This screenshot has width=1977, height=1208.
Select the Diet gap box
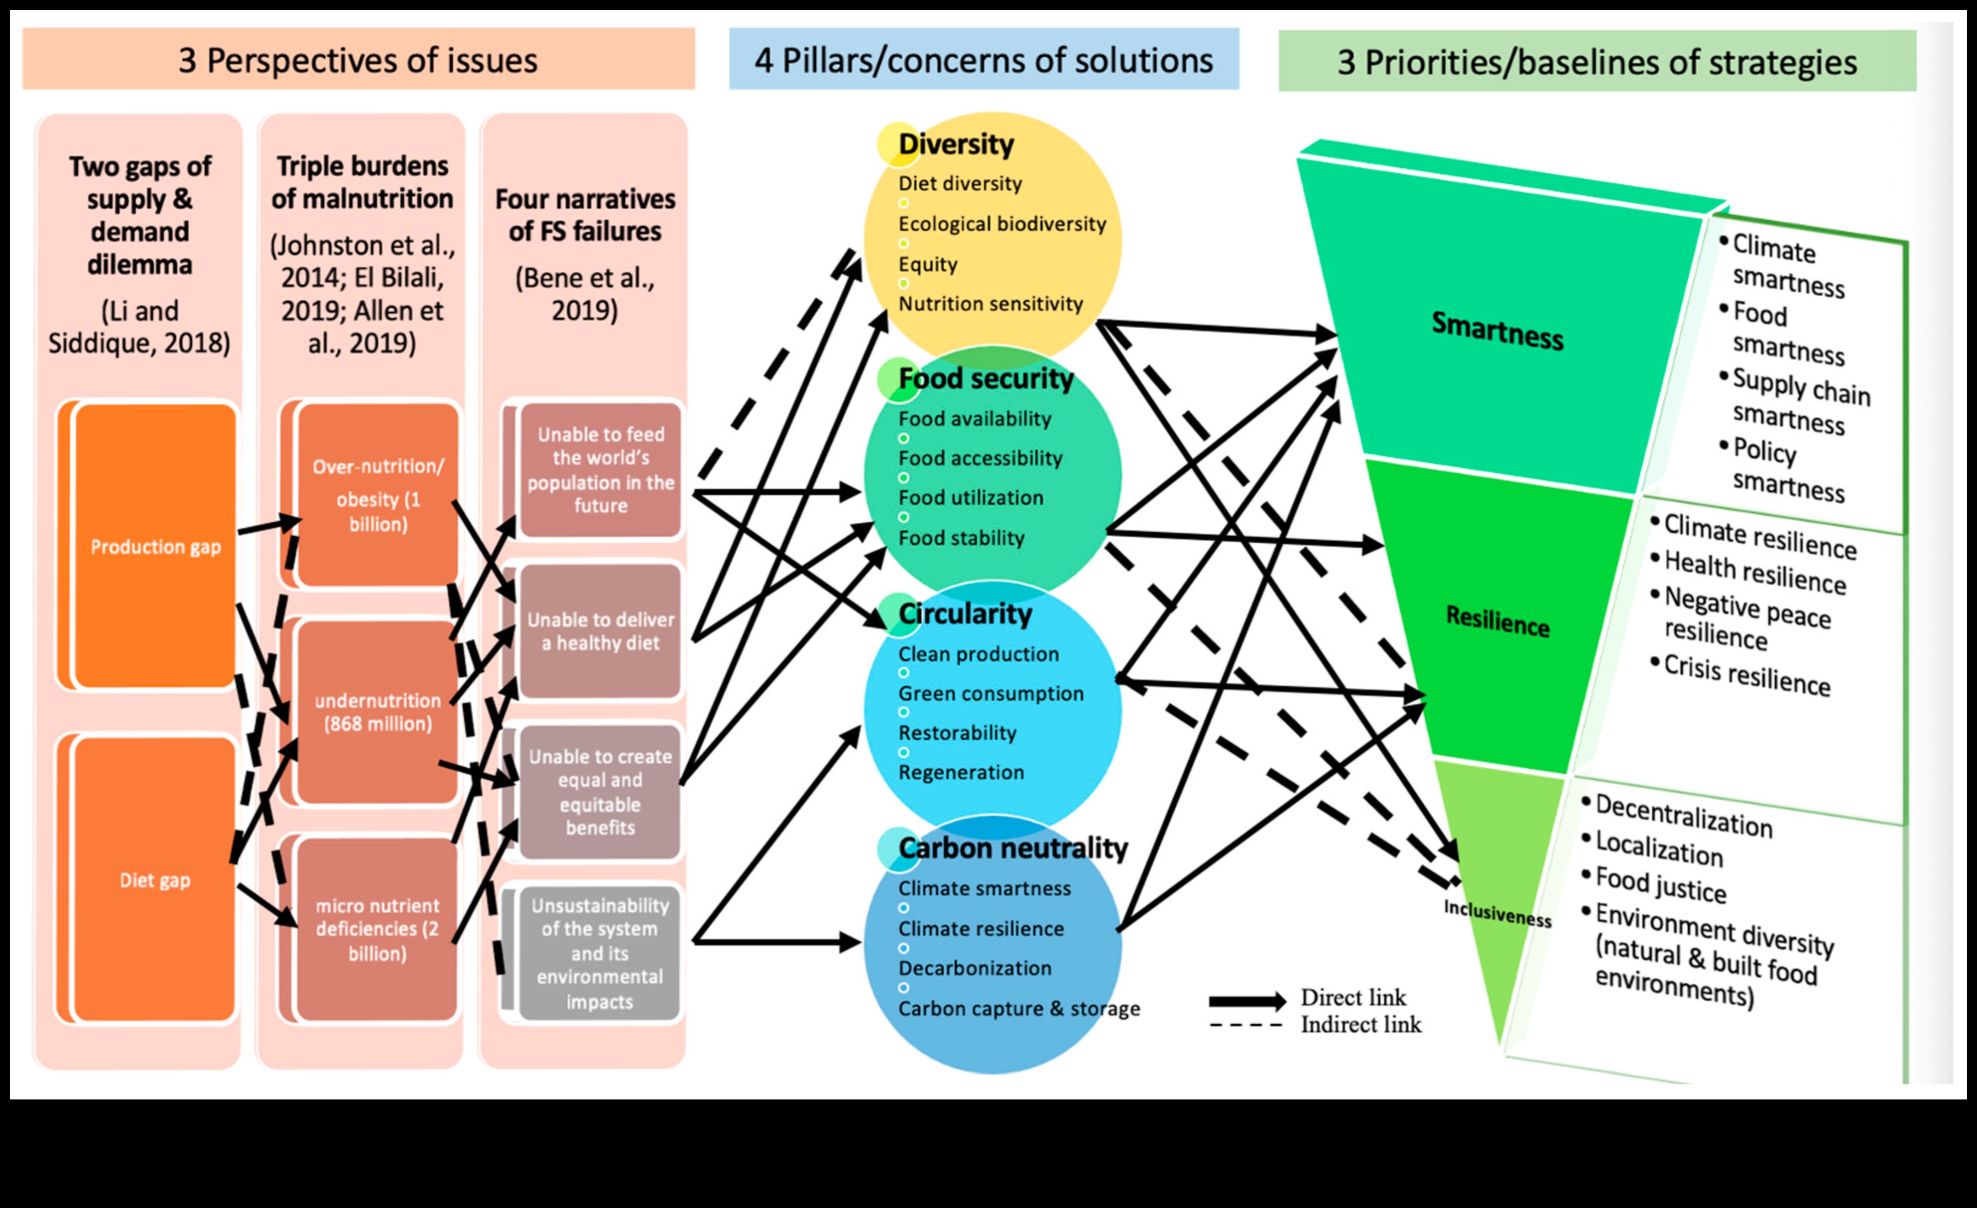click(x=155, y=879)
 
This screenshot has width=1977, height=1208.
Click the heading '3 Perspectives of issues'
click(x=358, y=60)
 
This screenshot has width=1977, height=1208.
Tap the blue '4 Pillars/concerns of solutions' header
click(x=983, y=60)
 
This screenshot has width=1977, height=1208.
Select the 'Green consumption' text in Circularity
click(x=991, y=693)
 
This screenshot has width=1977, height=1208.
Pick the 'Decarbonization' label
click(x=975, y=968)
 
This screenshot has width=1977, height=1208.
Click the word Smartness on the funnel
click(x=1497, y=331)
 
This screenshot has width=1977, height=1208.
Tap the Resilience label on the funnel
click(x=1497, y=621)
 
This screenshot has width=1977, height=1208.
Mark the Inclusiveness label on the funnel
click(x=1497, y=913)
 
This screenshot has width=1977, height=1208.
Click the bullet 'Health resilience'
click(x=1755, y=572)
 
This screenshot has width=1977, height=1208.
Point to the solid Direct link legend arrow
click(x=1247, y=1000)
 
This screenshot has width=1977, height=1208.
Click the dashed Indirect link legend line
click(x=1247, y=1026)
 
